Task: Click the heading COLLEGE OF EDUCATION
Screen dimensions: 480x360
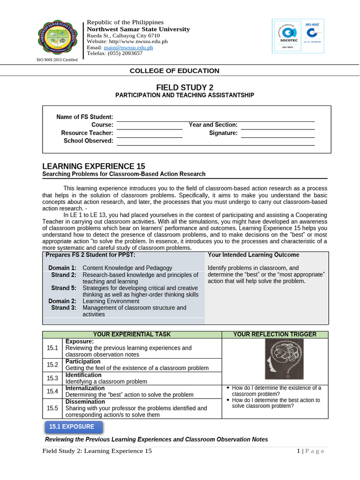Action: click(174, 71)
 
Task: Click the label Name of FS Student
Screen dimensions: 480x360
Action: click(85, 117)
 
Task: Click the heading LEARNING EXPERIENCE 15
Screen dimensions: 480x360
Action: click(94, 166)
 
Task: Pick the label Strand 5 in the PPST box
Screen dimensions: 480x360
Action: click(64, 288)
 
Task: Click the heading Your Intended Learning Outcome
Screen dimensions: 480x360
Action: click(253, 255)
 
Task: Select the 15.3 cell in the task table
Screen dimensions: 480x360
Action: click(52, 378)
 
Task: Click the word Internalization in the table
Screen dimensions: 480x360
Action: click(85, 389)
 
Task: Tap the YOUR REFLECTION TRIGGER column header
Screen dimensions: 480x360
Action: click(274, 334)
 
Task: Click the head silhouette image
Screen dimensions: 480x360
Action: click(284, 359)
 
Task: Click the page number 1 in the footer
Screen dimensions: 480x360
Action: click(298, 451)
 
